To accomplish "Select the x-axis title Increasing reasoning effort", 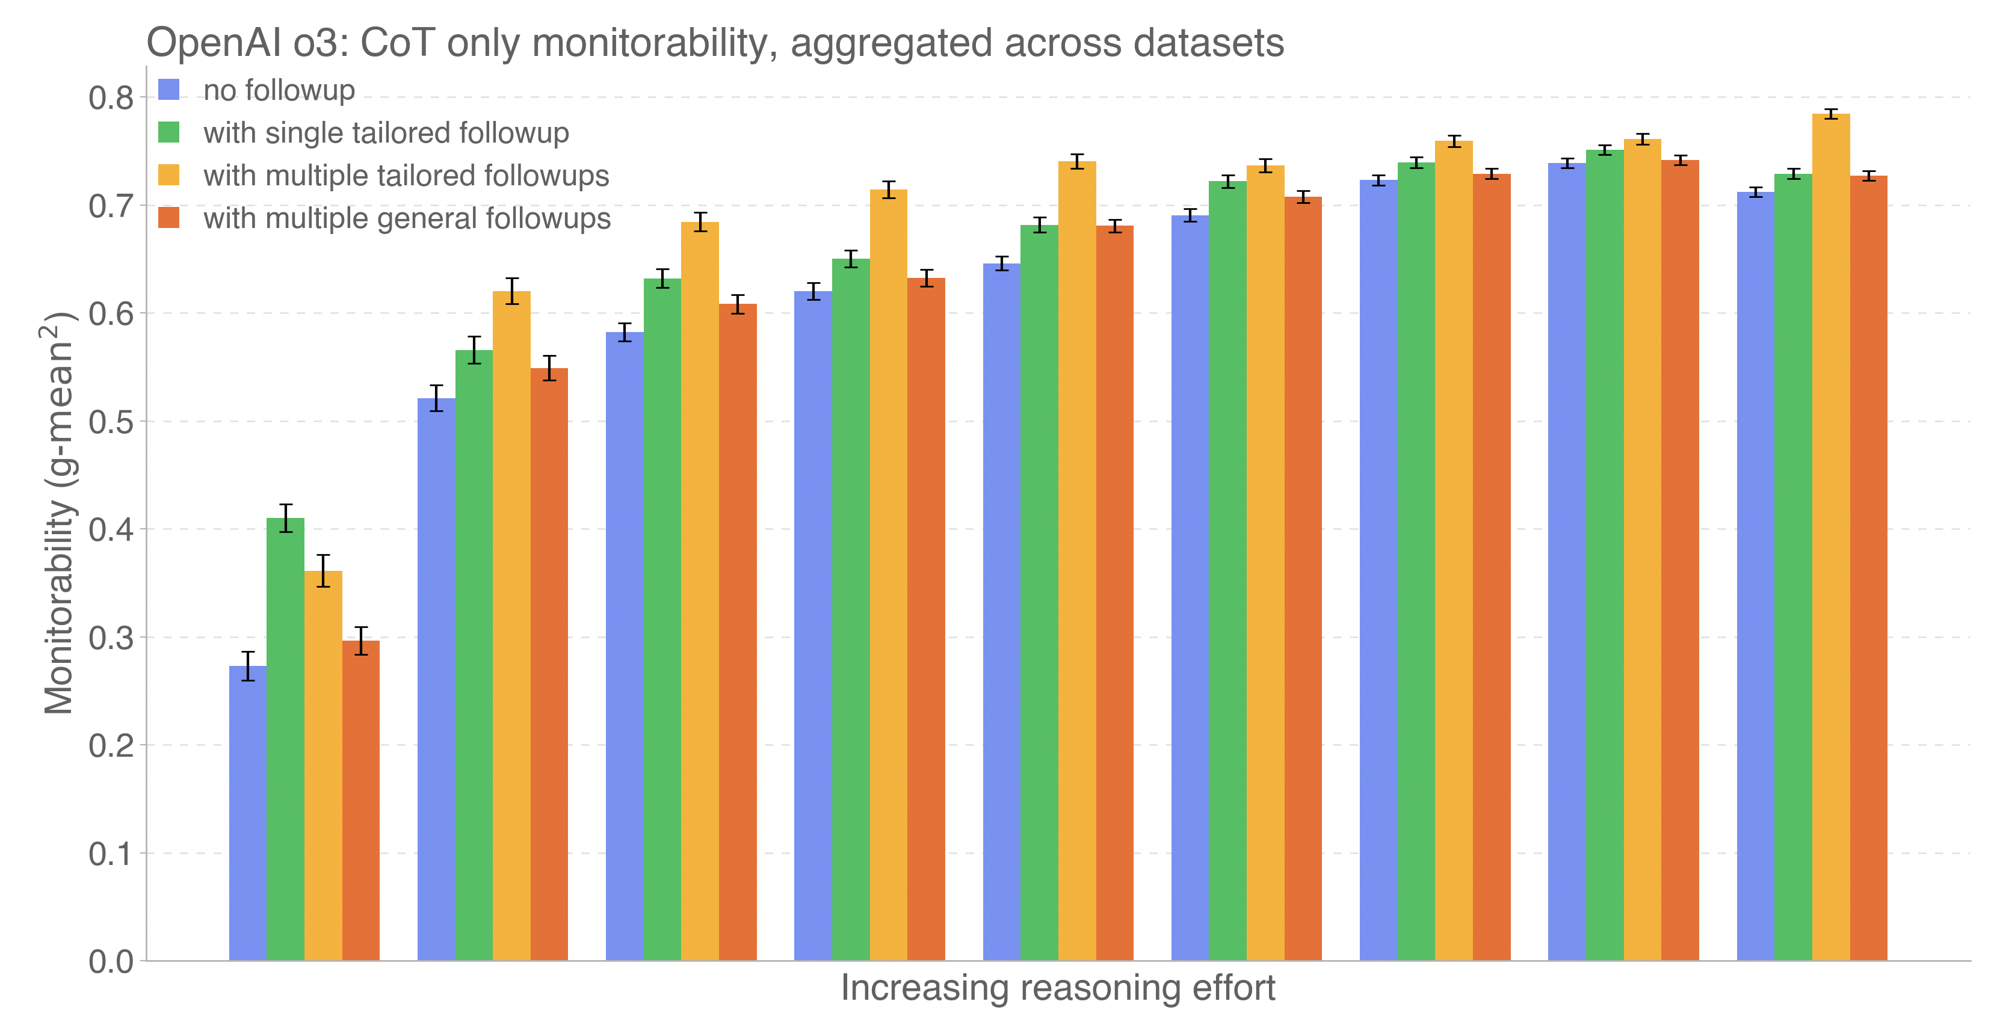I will [x=1057, y=988].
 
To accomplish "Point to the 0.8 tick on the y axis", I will [x=111, y=98].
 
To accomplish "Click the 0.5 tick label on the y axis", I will [x=111, y=422].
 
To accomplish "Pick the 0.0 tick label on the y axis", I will [x=111, y=962].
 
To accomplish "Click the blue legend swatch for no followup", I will [x=168, y=90].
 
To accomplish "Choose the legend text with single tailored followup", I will [x=386, y=133].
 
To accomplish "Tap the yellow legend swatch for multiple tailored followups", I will [x=168, y=176].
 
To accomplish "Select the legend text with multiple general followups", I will [x=406, y=219].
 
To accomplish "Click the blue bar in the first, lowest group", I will [x=248, y=812].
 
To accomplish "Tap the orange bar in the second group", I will [x=549, y=665].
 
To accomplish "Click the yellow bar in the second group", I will [x=511, y=627].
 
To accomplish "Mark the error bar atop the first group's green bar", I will [x=286, y=517].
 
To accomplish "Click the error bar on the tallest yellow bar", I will [x=1831, y=114].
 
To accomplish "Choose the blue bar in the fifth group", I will [x=1002, y=611].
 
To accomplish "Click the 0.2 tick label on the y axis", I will [x=111, y=746].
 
